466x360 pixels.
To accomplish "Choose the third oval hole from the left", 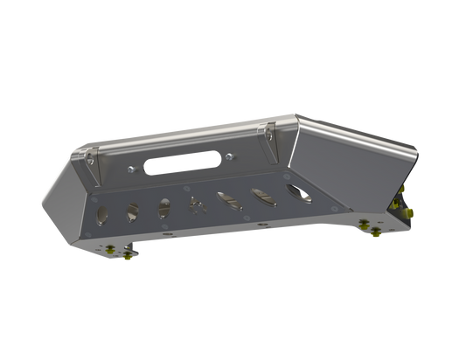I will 163,206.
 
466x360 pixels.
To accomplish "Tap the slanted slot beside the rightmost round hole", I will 261,194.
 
